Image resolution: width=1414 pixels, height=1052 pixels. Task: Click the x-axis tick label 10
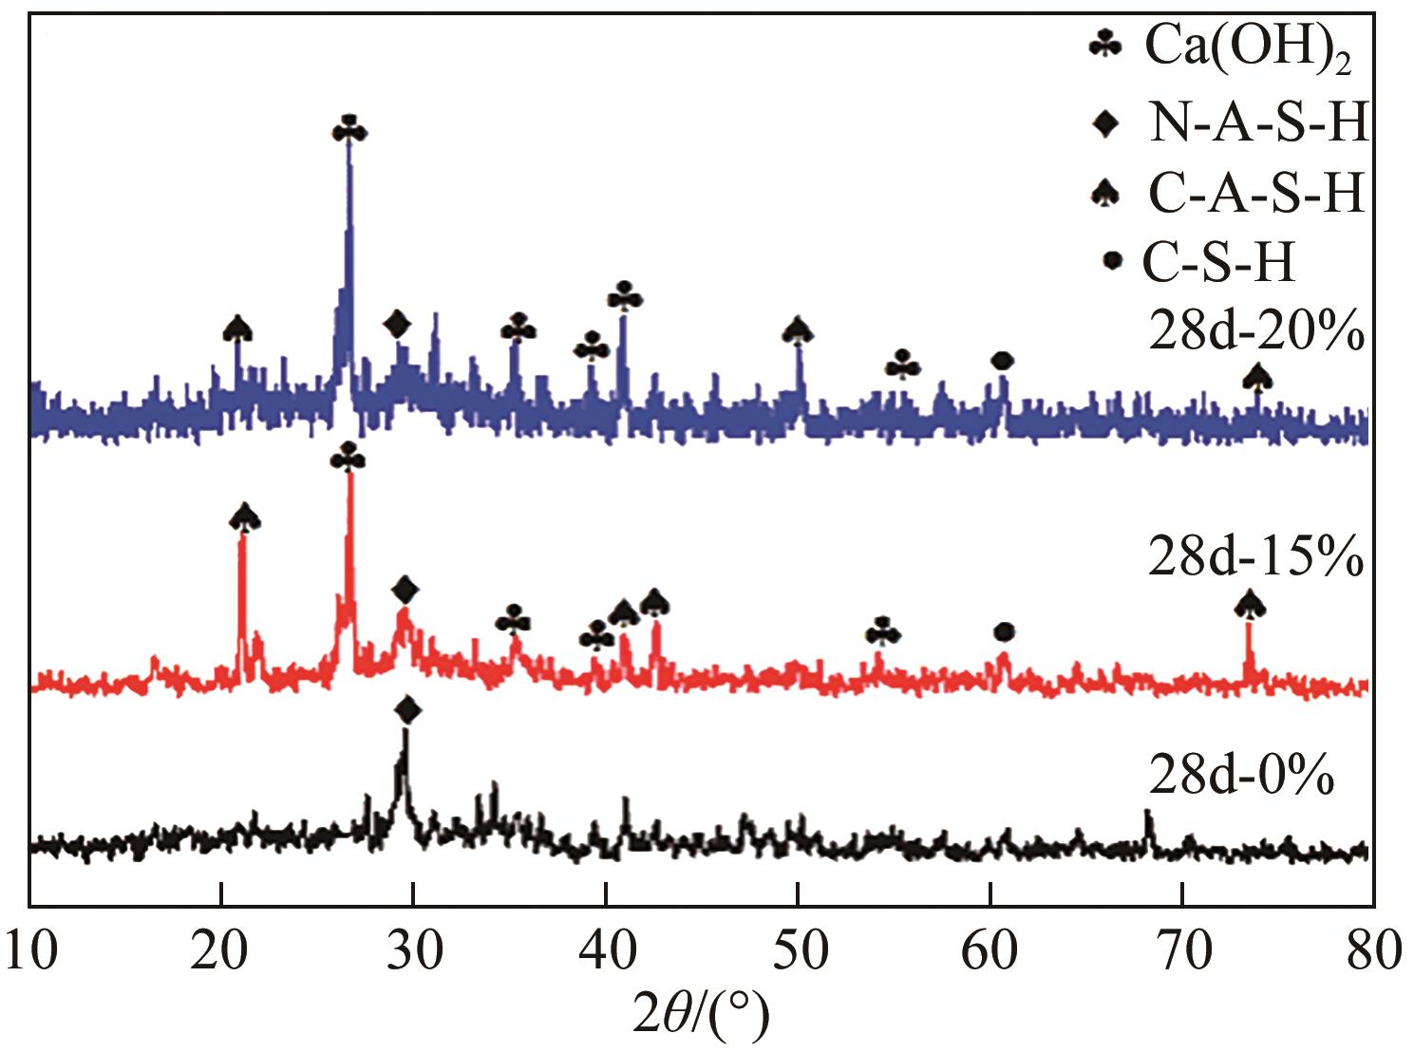point(30,950)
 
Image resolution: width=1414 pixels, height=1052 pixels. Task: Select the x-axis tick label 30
point(413,950)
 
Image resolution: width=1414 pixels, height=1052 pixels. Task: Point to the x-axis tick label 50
point(798,950)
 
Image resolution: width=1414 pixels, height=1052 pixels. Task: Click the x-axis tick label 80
point(1370,950)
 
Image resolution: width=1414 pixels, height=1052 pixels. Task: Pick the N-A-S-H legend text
point(1258,123)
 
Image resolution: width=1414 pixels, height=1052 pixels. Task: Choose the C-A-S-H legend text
point(1255,194)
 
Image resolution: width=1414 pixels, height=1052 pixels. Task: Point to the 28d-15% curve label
point(1256,557)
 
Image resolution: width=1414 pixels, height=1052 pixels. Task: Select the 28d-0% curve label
point(1241,777)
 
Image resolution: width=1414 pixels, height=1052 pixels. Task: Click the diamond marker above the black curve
point(407,708)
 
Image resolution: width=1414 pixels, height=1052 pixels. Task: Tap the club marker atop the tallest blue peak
point(349,130)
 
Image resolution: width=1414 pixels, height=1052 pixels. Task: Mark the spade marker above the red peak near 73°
point(1250,604)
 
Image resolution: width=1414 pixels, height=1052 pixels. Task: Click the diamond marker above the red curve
point(405,590)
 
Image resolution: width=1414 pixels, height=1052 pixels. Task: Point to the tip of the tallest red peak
point(350,474)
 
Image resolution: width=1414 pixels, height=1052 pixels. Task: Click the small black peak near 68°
point(1147,812)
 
